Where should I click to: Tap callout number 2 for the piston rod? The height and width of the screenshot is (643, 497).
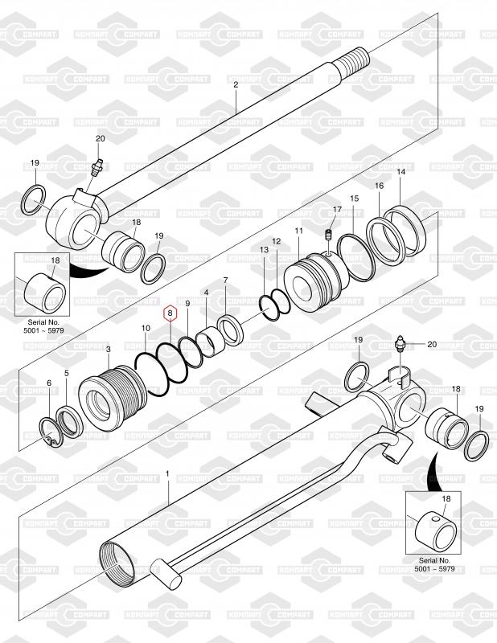click(x=236, y=85)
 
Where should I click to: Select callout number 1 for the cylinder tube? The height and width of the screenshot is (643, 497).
click(x=167, y=475)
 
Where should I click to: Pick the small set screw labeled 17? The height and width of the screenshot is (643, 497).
click(x=328, y=234)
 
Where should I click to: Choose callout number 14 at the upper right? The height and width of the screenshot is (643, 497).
click(x=400, y=173)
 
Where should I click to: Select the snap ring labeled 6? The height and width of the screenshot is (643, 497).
click(x=50, y=429)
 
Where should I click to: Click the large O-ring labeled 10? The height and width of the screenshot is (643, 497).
click(x=154, y=371)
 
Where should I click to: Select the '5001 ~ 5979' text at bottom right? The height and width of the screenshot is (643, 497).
click(x=433, y=568)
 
